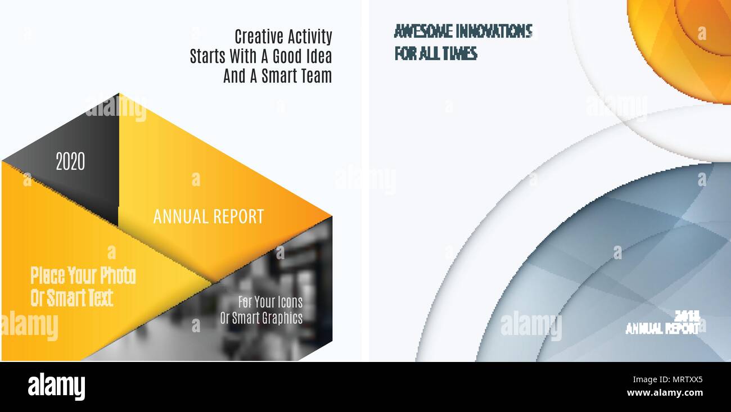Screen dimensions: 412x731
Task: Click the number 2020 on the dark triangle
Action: pos(70,162)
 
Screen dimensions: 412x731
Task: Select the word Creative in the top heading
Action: pos(259,37)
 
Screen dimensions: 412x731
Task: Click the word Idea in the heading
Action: pos(318,57)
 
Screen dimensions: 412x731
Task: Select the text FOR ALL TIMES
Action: pos(436,54)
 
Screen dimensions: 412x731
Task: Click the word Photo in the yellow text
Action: pos(118,276)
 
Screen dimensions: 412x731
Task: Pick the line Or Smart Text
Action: pos(71,298)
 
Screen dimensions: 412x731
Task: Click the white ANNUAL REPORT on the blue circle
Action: pos(662,329)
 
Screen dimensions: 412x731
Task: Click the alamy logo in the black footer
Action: pos(56,387)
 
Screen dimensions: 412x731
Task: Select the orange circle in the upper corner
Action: pos(689,39)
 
